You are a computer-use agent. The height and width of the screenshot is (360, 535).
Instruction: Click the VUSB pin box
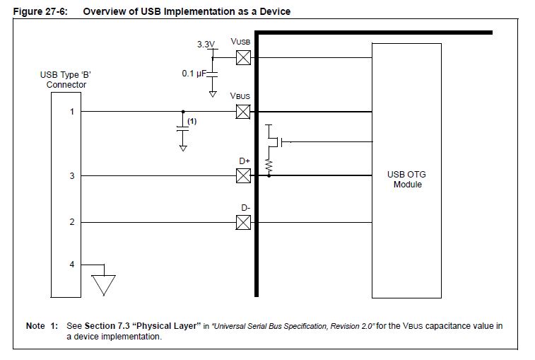pos(243,57)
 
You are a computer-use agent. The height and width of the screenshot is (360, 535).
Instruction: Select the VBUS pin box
pos(243,111)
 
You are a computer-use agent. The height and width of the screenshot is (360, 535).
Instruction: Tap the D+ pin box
pos(243,175)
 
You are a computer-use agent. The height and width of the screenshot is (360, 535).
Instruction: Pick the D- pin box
pos(243,222)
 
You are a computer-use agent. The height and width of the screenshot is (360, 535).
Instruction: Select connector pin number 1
pos(71,111)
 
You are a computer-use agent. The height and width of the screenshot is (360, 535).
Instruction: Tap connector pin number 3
pos(71,175)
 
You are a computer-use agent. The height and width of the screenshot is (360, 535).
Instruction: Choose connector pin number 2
pos(71,222)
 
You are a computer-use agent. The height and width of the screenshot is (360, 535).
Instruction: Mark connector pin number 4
pos(71,265)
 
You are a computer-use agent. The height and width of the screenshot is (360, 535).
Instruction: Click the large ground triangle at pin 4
pos(104,284)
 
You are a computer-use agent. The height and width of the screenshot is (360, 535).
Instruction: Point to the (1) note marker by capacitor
pos(192,122)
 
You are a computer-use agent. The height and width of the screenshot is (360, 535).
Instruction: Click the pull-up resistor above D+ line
pos(269,165)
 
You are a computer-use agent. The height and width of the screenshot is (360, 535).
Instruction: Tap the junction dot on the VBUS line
pos(183,111)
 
